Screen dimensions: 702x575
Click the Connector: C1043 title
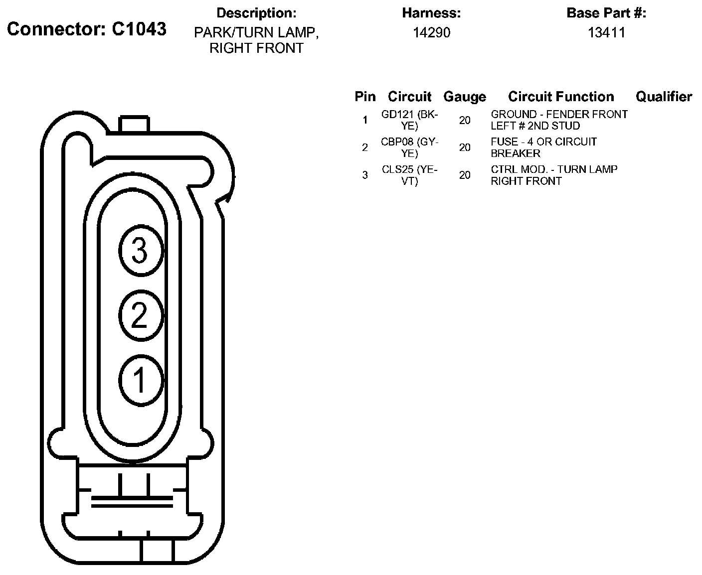(87, 29)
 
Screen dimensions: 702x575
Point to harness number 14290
(431, 32)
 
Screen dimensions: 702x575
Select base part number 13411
(606, 32)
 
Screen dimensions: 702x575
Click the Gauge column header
(465, 97)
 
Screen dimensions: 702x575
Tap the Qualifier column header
(664, 97)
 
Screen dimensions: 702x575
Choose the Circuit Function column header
(561, 97)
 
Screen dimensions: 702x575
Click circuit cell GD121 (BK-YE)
(409, 120)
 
